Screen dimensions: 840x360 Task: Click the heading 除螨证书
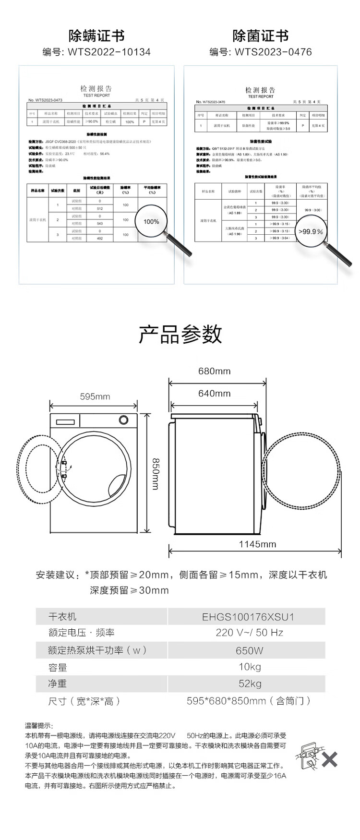point(96,36)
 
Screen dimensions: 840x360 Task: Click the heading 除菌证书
point(261,36)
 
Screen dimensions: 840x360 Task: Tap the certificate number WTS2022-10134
point(110,52)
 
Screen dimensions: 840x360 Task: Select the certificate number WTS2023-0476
point(273,52)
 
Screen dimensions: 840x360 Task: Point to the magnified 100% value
point(151,221)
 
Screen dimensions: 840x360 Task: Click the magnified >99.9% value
point(311,231)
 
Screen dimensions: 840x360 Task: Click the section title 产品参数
point(180,334)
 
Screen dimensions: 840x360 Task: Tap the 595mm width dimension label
point(95,396)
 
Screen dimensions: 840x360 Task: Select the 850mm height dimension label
point(155,473)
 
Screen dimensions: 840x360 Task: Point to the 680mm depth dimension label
point(214,371)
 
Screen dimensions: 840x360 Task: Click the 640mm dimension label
point(214,394)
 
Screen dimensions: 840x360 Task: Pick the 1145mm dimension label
point(258,544)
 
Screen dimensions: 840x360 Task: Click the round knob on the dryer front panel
point(123,420)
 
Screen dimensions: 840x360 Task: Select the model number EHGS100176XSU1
point(248,617)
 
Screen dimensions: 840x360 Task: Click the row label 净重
point(58,684)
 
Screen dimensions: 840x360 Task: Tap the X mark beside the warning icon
point(329,759)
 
